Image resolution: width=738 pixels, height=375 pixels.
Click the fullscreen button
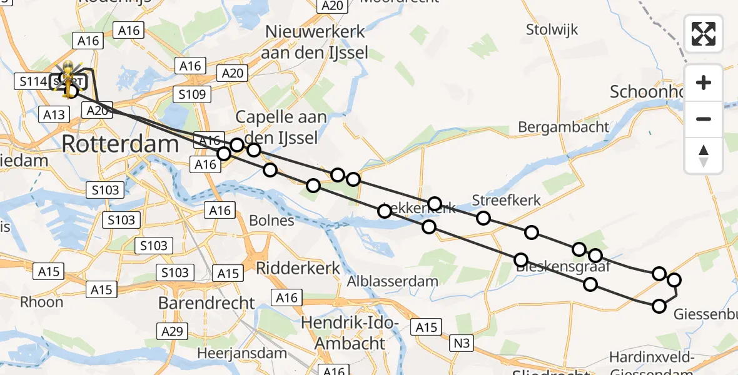click(704, 34)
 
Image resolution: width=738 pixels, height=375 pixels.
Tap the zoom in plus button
click(704, 82)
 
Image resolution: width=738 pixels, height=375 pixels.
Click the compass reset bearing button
click(704, 156)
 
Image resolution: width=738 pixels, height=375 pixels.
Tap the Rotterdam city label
click(120, 144)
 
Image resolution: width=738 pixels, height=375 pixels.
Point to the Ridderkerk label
click(298, 268)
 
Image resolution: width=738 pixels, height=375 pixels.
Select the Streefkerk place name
click(506, 201)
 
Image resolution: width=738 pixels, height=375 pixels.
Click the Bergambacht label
click(563, 127)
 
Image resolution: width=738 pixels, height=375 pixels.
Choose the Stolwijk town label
click(552, 29)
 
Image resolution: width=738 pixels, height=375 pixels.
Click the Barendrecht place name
click(206, 303)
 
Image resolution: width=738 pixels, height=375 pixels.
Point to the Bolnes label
click(271, 221)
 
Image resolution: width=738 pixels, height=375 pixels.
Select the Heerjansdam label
click(242, 352)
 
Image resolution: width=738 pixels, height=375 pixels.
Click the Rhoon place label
click(42, 302)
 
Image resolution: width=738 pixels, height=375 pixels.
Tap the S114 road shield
click(33, 81)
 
